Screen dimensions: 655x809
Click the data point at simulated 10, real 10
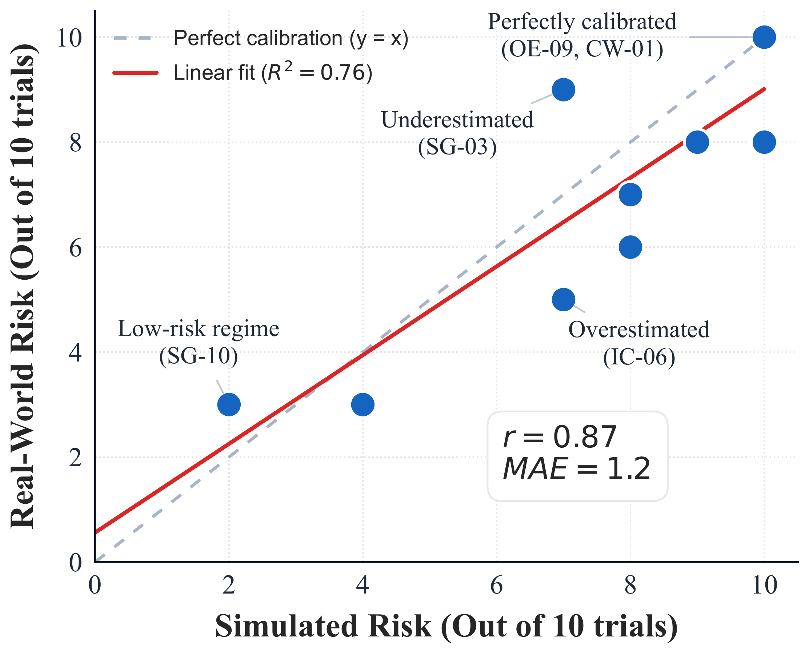coord(764,37)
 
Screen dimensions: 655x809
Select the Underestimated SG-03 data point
coord(564,90)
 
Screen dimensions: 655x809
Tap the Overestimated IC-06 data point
coord(564,300)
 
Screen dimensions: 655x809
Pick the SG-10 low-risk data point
coord(229,404)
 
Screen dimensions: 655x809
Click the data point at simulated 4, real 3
coord(363,404)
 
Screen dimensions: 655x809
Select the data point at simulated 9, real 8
coord(697,142)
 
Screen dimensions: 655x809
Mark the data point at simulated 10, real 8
coord(764,142)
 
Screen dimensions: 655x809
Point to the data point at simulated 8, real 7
coord(630,195)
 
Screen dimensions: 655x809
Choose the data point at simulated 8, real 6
coord(630,247)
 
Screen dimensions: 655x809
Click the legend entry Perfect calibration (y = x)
coord(291,38)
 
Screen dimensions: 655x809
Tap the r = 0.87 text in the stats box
coord(560,437)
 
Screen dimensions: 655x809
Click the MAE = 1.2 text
coord(577,469)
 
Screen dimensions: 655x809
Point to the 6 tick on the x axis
coord(496,586)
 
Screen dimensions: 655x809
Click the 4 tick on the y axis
coord(75,353)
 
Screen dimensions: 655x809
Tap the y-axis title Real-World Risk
coord(23,287)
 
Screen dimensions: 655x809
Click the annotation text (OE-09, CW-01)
coord(582,49)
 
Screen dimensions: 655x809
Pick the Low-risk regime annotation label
coord(199,329)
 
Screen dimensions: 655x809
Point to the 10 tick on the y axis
coord(69,38)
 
